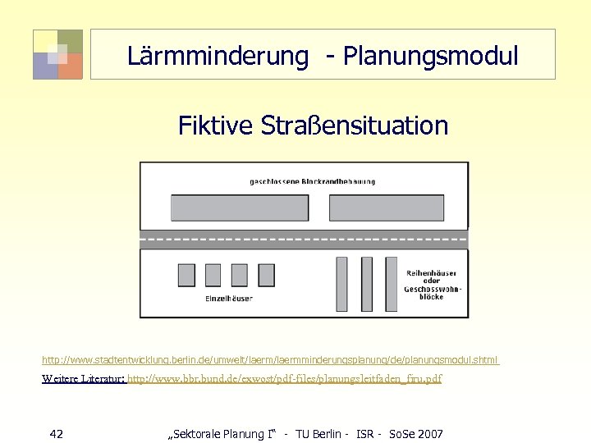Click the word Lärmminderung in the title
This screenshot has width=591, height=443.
[218, 56]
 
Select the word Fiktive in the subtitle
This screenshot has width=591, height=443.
[216, 126]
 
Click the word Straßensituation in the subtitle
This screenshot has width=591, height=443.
[354, 126]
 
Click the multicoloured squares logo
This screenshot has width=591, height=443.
[57, 54]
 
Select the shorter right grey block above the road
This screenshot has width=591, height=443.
[386, 208]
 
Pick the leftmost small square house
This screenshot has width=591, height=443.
[186, 275]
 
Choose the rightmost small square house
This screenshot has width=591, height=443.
[266, 275]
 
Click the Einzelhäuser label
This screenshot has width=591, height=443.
[228, 299]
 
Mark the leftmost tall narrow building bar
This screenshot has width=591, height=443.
[342, 284]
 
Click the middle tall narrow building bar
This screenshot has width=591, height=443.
[367, 284]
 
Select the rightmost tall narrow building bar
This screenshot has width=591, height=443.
[392, 284]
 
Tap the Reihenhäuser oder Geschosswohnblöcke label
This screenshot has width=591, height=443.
[433, 284]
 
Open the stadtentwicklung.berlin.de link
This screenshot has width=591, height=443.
[271, 360]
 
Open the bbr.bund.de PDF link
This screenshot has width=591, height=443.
[285, 379]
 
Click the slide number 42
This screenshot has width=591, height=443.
[57, 433]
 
